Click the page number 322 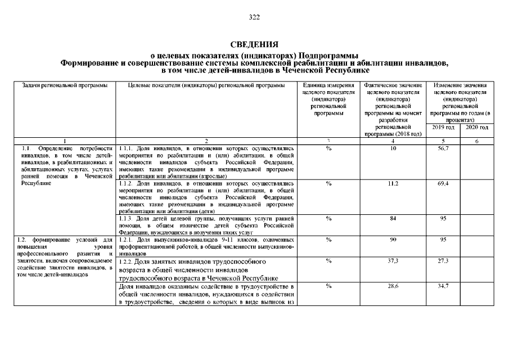[x=254, y=18]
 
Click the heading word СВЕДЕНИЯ [x=254, y=44]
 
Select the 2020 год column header [x=476, y=128]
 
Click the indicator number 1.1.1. [x=126, y=148]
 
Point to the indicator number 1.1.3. [x=126, y=218]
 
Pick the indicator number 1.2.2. [x=127, y=262]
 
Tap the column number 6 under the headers [x=476, y=141]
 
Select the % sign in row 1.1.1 [x=328, y=148]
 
